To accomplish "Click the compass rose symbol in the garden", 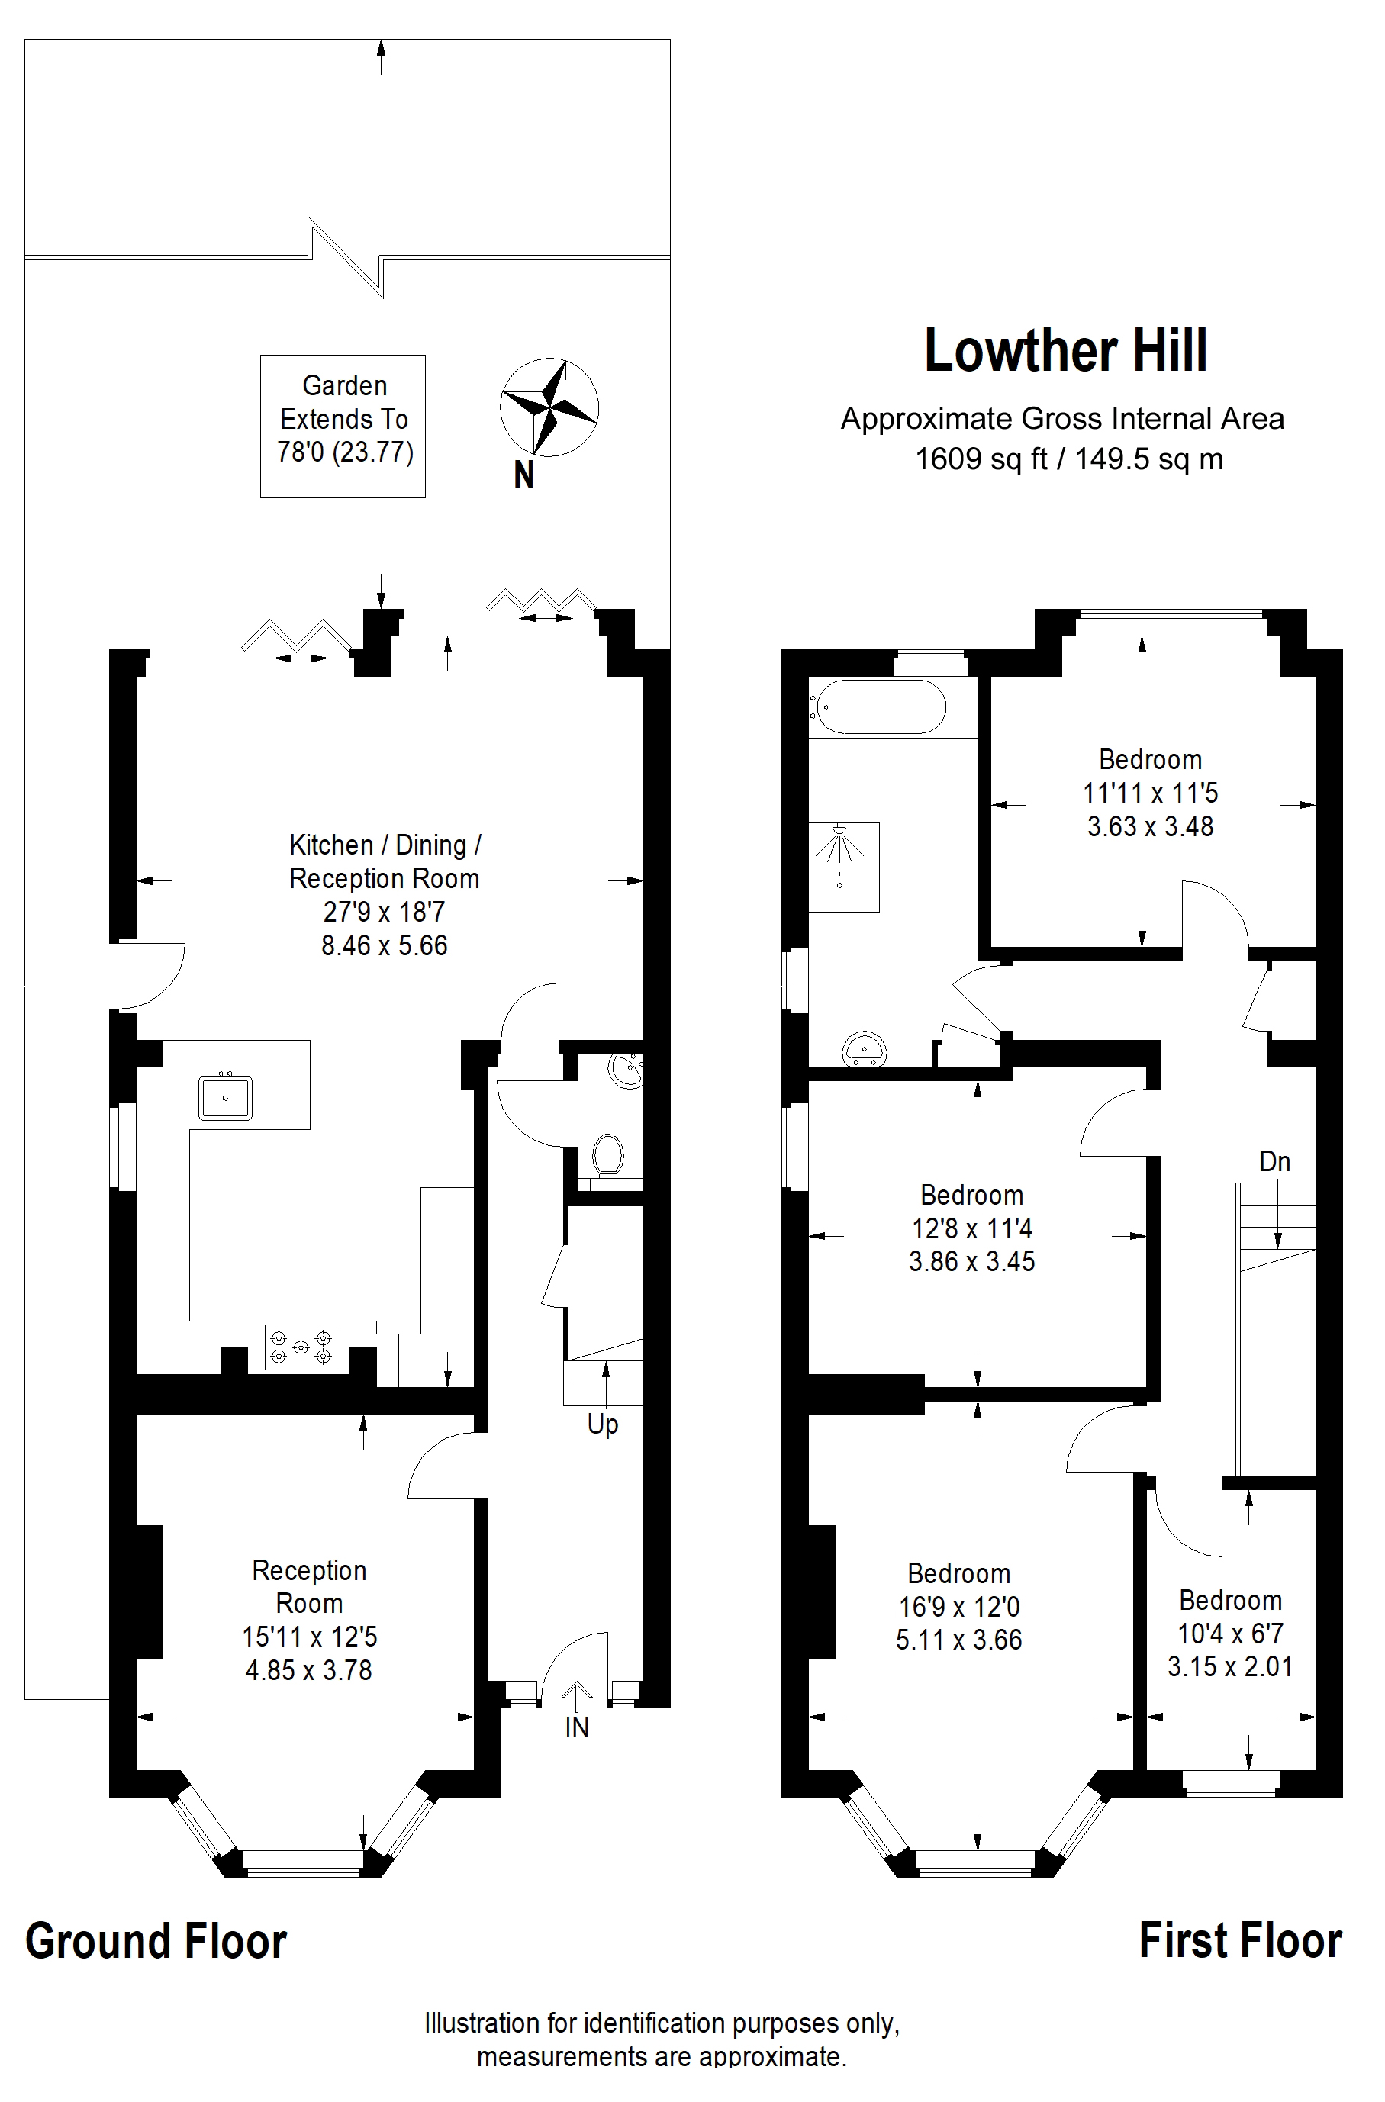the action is (x=549, y=407).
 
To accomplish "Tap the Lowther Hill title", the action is (x=1065, y=351).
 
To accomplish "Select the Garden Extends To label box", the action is (x=343, y=427).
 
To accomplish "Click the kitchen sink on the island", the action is (x=225, y=1098).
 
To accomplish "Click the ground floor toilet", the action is (x=607, y=1157).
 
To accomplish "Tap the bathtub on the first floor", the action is (x=881, y=707).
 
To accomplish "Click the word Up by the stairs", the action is (x=604, y=1424).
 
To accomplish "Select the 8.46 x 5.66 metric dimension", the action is (x=385, y=946).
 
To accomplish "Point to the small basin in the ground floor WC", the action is (x=626, y=1072).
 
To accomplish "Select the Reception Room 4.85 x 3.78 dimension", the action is (x=309, y=1671).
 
